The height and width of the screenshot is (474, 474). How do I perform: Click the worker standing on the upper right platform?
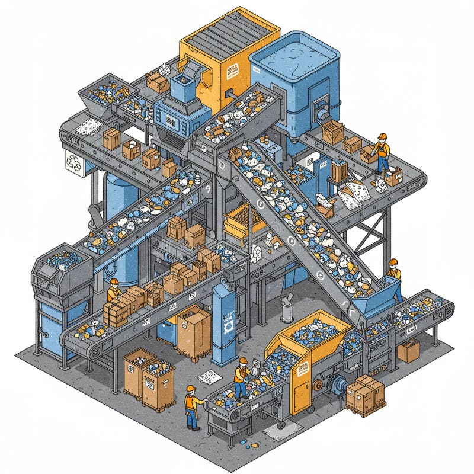(x=382, y=152)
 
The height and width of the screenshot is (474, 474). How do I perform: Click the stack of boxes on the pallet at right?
(x=365, y=394)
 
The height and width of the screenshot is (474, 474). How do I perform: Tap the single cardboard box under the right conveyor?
(x=408, y=350)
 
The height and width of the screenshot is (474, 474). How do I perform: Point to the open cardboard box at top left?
(x=156, y=81)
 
